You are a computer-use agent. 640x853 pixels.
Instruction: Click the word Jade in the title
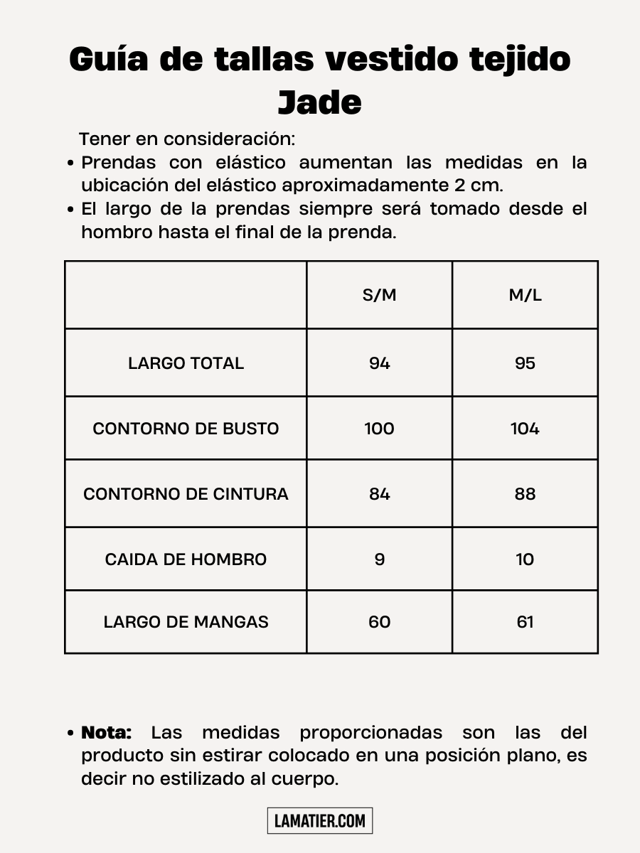[x=319, y=102]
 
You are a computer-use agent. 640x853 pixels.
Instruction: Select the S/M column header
[x=379, y=296]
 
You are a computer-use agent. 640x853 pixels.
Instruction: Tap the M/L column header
[x=525, y=296]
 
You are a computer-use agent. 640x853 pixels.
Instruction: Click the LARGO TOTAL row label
[x=186, y=363]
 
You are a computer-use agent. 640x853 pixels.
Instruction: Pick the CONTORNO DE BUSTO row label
[x=186, y=429]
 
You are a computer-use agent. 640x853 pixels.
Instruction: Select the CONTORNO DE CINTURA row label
[x=186, y=494]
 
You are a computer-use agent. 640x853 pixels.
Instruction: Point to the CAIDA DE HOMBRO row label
[x=186, y=559]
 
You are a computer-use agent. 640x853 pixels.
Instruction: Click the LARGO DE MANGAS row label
[x=186, y=622]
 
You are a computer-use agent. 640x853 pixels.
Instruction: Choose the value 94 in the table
[x=379, y=363]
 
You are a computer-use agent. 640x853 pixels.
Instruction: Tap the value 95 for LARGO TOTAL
[x=525, y=363]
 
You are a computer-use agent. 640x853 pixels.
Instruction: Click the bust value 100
[x=379, y=429]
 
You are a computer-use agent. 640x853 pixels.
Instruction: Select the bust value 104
[x=525, y=429]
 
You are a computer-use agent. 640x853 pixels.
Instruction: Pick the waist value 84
[x=379, y=494]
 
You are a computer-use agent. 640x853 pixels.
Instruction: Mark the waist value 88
[x=525, y=494]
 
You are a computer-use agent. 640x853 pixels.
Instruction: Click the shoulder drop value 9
[x=379, y=559]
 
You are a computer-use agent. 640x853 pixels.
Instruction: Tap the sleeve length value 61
[x=525, y=622]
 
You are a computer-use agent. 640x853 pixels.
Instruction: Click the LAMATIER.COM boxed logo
[x=320, y=821]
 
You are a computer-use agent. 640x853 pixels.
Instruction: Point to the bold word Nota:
[x=107, y=732]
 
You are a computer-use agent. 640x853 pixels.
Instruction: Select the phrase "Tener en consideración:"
[x=186, y=139]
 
